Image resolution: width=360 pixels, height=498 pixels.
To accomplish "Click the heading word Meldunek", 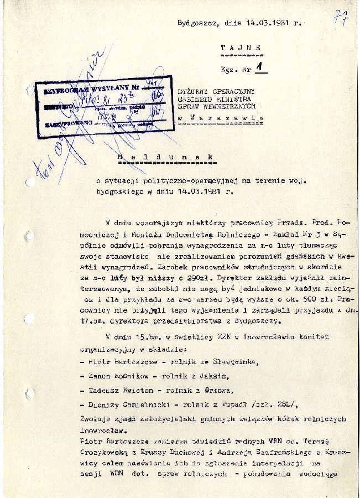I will click(x=166, y=158).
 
